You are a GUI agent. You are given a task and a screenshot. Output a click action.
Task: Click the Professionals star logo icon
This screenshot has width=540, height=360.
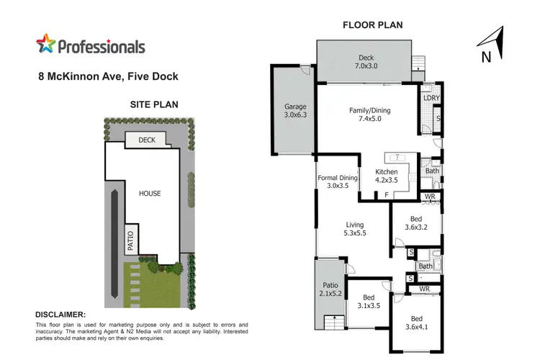coord(45,45)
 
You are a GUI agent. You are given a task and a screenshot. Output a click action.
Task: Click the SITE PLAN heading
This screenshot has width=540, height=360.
coord(154,104)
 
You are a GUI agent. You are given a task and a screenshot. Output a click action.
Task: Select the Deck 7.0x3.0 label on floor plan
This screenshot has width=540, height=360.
coord(366,61)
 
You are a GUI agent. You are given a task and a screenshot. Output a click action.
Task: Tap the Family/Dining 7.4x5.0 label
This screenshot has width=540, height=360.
coord(371,114)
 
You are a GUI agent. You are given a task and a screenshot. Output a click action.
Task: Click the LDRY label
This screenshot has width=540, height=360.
coord(431,98)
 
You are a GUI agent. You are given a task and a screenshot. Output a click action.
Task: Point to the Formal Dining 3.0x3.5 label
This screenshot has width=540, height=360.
coord(338,181)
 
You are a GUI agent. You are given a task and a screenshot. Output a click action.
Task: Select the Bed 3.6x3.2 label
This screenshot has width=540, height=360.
coord(416,222)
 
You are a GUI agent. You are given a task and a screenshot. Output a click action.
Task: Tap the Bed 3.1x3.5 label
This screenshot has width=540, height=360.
coord(369,302)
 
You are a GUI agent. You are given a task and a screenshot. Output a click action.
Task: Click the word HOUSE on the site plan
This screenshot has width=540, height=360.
coord(150,194)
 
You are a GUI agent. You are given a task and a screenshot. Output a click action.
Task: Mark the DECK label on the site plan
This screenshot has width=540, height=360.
coord(147,140)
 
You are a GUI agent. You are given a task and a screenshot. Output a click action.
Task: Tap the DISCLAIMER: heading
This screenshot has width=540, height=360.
coord(60,315)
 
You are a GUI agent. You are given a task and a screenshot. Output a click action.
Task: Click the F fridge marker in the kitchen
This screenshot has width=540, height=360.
coord(386,194)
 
